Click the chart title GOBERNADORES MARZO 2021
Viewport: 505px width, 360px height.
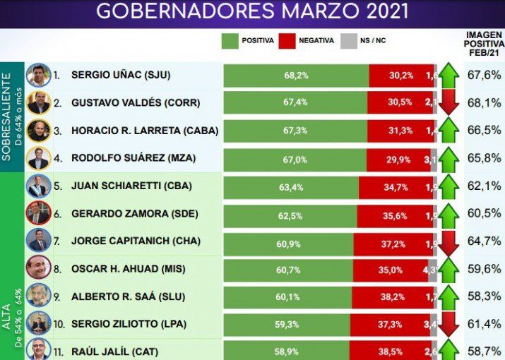click(252, 12)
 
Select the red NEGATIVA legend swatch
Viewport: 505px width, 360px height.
click(287, 40)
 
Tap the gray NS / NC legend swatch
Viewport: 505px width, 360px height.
click(347, 40)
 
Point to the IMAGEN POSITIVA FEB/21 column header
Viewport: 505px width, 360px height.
click(484, 44)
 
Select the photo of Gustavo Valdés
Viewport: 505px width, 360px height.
click(37, 103)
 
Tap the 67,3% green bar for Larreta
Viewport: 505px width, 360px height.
click(295, 131)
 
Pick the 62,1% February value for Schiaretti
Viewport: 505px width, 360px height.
click(484, 187)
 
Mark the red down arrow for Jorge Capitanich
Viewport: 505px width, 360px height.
click(449, 242)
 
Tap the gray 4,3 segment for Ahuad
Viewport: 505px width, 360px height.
click(432, 270)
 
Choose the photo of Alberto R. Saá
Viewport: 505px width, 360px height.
click(37, 297)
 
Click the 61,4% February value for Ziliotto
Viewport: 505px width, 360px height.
click(484, 325)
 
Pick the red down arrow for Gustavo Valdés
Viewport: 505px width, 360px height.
click(449, 103)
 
